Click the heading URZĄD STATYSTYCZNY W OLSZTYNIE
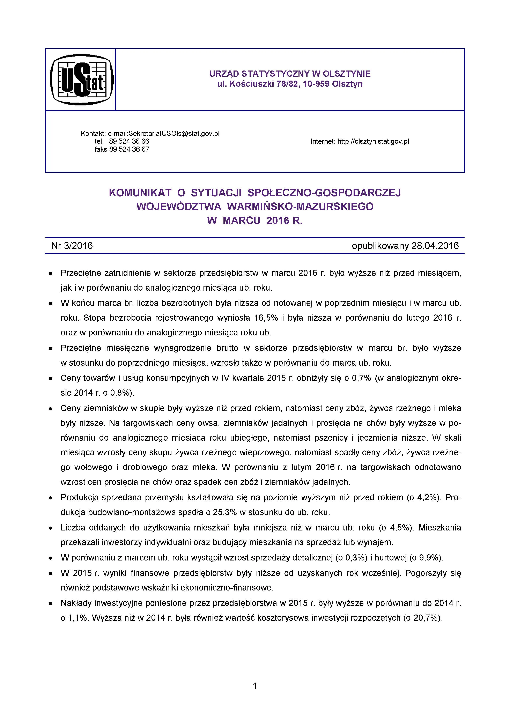click(290, 74)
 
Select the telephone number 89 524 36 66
click(129, 141)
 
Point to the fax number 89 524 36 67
click(129, 149)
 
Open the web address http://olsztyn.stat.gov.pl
click(373, 141)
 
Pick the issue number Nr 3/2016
click(72, 246)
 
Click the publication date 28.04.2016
click(435, 246)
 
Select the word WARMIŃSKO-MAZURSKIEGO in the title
click(300, 207)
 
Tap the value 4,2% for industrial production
click(428, 497)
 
